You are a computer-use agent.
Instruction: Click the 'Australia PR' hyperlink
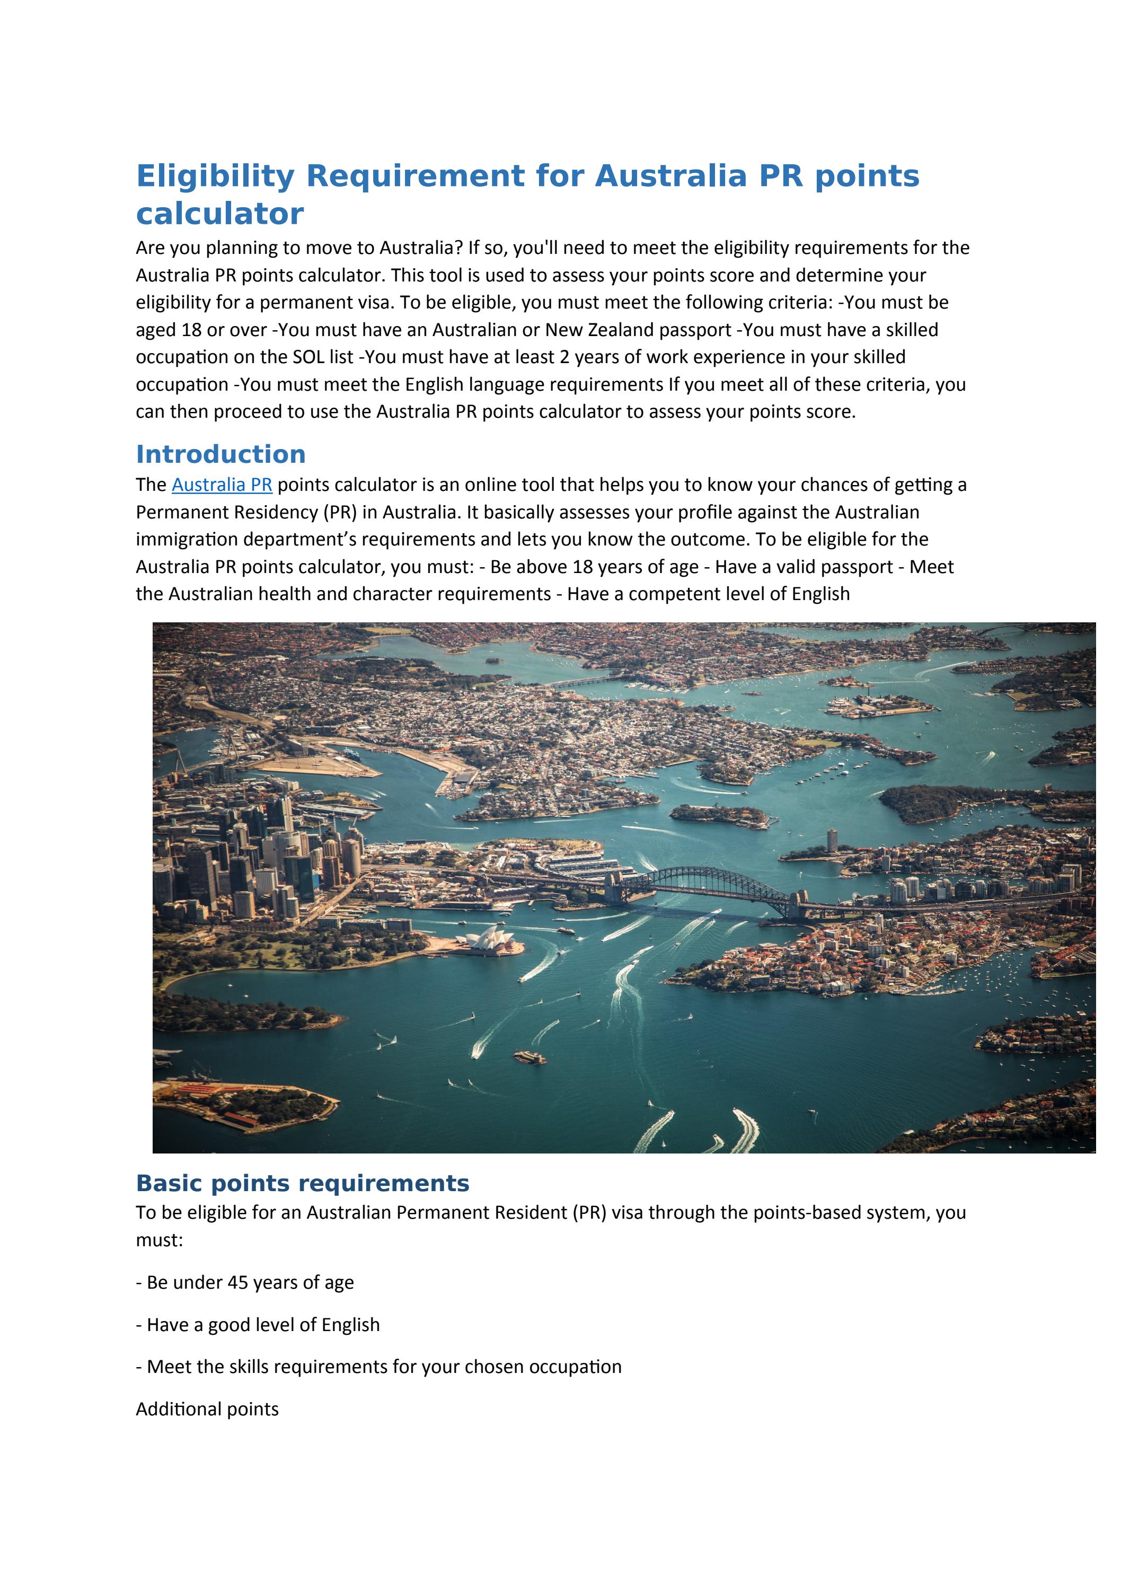pos(222,485)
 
